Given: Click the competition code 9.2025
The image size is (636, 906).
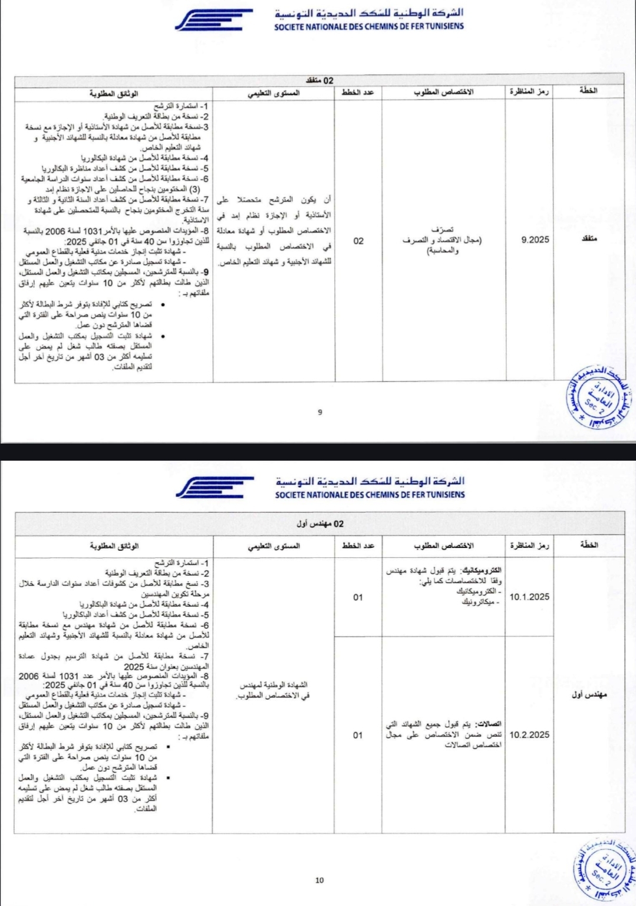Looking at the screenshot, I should [x=535, y=239].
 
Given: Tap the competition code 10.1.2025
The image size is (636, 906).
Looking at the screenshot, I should [x=529, y=597].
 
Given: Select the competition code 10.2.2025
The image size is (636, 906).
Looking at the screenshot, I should [x=529, y=735].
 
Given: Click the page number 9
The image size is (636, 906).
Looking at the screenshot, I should [x=320, y=412].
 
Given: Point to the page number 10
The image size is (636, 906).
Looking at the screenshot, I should [x=319, y=880].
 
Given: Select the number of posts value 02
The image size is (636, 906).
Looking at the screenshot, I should [x=358, y=241].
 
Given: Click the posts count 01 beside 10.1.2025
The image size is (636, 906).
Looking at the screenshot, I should [x=358, y=598].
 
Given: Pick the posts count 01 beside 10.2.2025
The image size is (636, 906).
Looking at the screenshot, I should [x=358, y=735].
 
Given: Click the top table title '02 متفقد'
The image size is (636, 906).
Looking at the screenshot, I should [x=320, y=80].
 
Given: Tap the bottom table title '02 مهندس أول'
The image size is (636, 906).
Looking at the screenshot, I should [x=320, y=524].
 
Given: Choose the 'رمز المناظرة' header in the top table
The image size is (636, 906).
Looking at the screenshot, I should [x=529, y=92].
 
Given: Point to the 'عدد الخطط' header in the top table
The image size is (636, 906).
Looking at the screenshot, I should [x=358, y=92].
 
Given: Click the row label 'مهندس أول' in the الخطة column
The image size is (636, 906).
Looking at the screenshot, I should [x=589, y=695].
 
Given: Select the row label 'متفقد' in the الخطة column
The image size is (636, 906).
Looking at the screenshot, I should [x=589, y=239].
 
